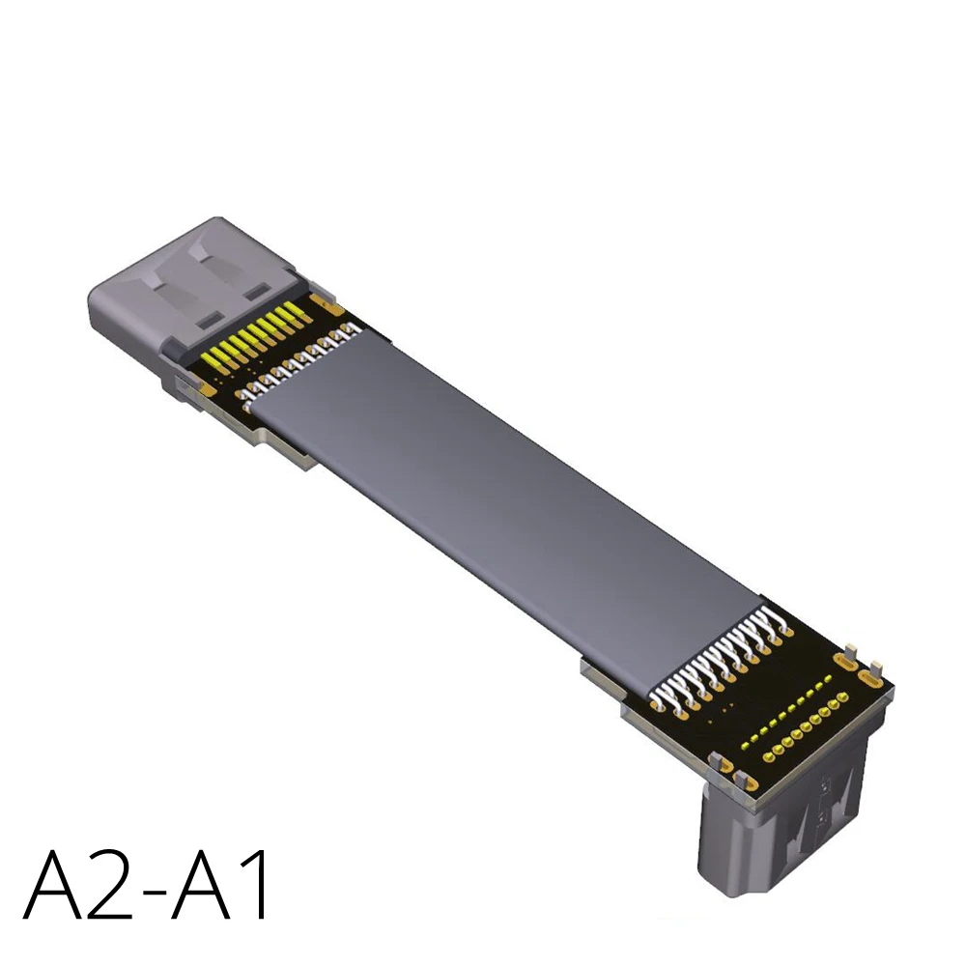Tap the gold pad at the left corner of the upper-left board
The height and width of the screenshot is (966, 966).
(x=205, y=390)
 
